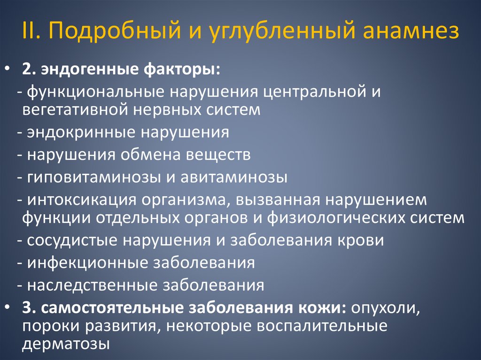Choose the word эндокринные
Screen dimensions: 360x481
80,132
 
